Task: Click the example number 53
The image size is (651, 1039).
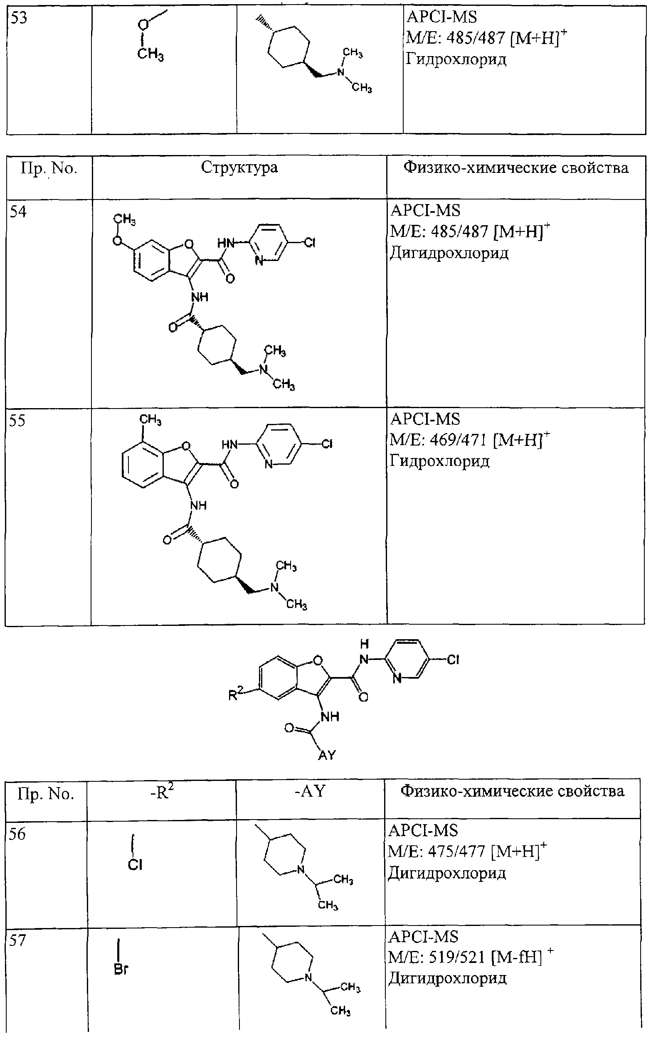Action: [x=19, y=17]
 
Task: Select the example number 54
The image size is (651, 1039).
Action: [x=18, y=212]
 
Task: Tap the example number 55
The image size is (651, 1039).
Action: [x=17, y=421]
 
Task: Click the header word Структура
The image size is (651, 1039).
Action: [x=239, y=168]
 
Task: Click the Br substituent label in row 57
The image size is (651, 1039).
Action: [x=121, y=969]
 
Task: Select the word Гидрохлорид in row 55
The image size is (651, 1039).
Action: [x=439, y=461]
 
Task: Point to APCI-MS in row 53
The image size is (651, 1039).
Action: [x=442, y=17]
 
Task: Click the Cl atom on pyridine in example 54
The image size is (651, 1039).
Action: [x=310, y=243]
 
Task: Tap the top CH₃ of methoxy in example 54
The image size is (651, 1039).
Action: [x=124, y=220]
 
